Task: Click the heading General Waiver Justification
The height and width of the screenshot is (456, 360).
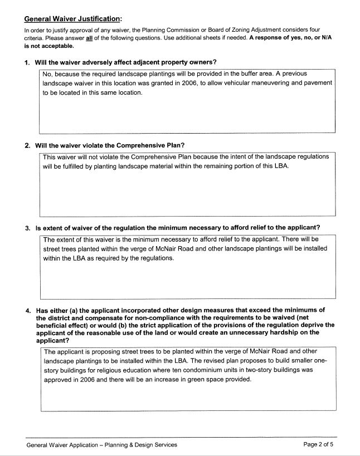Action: pyautogui.click(x=73, y=18)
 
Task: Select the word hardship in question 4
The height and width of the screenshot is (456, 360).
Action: pyautogui.click(x=289, y=332)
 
